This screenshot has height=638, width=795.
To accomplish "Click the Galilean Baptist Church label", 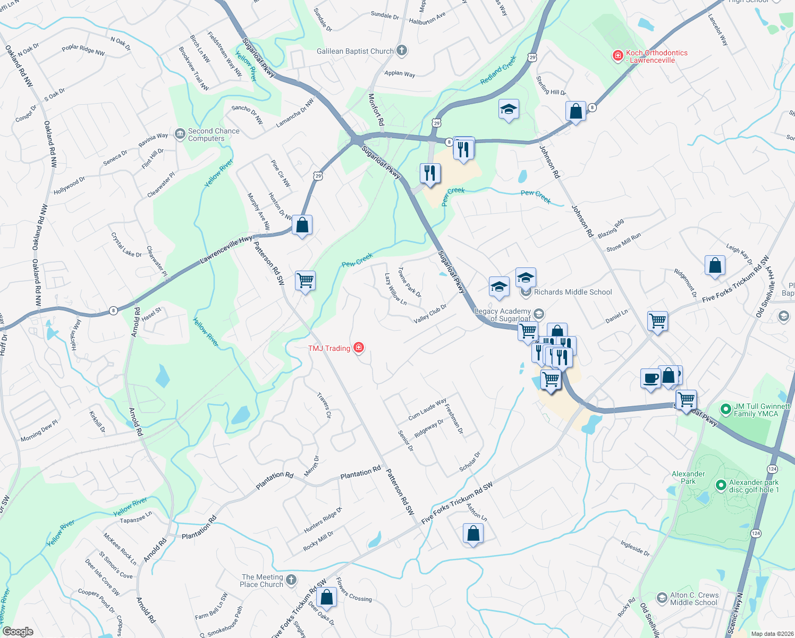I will pos(355,51).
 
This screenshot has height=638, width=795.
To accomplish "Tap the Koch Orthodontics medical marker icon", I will pos(618,55).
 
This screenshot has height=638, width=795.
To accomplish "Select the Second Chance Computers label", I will pos(214,135).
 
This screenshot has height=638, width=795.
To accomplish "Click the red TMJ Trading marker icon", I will pos(359,348).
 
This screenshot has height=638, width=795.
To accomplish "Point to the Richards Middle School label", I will pos(573,292).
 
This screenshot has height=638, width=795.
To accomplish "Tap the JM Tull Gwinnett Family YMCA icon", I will pos(725,409).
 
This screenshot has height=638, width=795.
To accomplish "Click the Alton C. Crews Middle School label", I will pos(694,599).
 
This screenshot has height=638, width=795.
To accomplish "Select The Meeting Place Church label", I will pos(262,581).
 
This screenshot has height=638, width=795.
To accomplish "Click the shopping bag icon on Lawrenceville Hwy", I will pos(302,225).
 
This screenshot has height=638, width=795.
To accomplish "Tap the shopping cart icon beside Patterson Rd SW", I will pos(305,280).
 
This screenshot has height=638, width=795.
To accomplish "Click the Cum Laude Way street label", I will pos(427,409).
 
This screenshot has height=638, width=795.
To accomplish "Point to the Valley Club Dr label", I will pos(430,314).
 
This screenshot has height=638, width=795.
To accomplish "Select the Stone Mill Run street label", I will pos(623,242).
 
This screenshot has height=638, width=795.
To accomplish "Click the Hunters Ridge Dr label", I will pos(323,521).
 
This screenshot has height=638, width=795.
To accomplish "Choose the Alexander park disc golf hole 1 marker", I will pos(721,485).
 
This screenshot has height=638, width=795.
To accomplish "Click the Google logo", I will pos(18,631).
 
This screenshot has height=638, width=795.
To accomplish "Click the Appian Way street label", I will pos(400,73).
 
